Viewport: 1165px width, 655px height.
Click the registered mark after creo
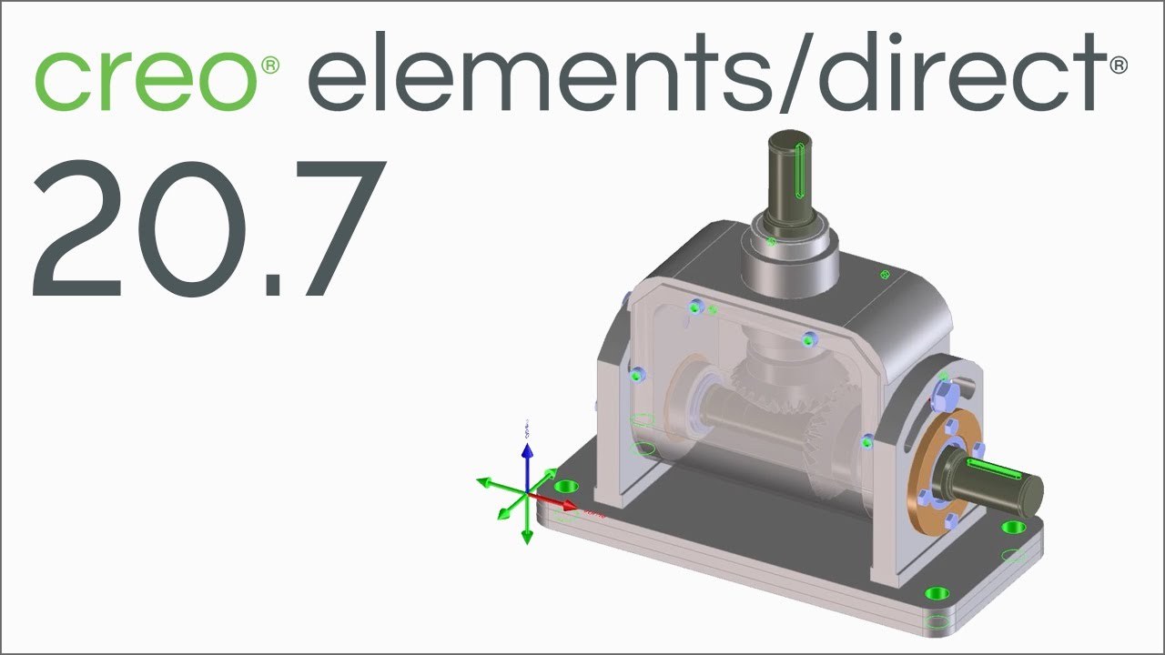(x=270, y=65)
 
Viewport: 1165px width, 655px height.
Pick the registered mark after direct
(x=1119, y=65)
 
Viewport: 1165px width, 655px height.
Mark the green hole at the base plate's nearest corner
(x=934, y=594)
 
